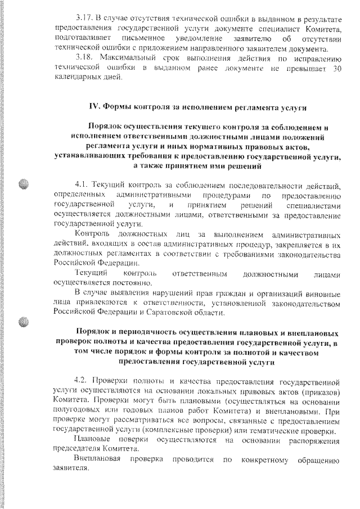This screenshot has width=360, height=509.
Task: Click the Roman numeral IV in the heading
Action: pos(95,106)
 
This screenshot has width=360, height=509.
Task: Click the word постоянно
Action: pos(130,283)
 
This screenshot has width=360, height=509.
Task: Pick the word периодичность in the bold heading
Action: pos(138,332)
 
